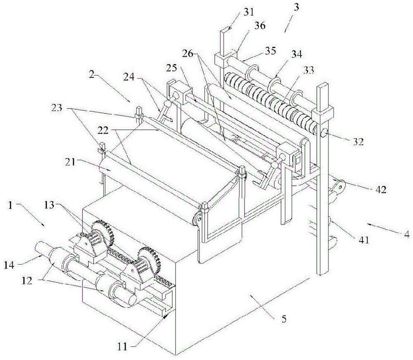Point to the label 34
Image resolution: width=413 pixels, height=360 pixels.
[x=297, y=54]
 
